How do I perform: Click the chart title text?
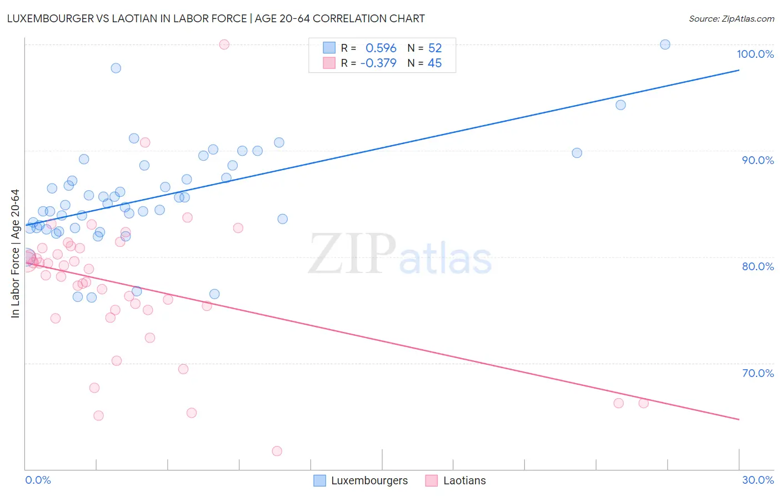coord(216,18)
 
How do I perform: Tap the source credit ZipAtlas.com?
coord(731,18)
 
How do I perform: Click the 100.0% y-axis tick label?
coord(755,54)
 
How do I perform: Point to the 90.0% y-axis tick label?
coord(758,160)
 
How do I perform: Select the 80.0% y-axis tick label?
coord(758,266)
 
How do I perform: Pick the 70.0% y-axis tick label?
coord(758,373)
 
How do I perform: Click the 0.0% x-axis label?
coord(38,480)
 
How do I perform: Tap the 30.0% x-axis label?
coord(758,480)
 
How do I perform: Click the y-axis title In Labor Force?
coord(15,254)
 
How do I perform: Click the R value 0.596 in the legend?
coord(381,48)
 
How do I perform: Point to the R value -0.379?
coord(378,63)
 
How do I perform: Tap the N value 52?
coord(434,48)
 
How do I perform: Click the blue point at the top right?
coord(665,44)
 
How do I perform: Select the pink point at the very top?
coord(224,44)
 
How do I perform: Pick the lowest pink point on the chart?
coord(277,451)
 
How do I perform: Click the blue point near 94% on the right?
coord(620,105)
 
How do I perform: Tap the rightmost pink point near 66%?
coord(643,403)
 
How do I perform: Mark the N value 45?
coord(434,63)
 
